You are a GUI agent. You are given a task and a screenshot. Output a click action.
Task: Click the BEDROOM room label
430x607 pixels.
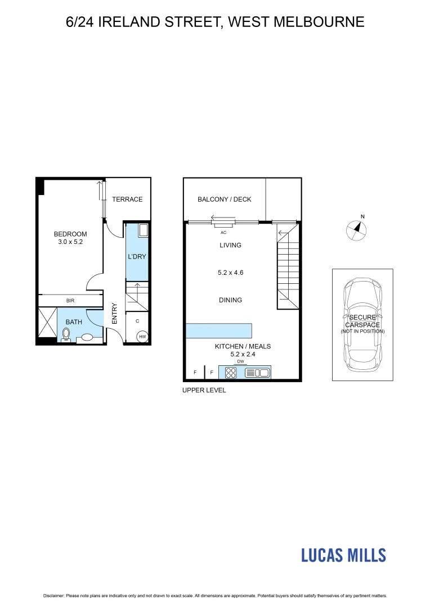click(x=70, y=234)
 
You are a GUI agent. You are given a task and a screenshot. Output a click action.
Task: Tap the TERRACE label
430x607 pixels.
click(x=127, y=199)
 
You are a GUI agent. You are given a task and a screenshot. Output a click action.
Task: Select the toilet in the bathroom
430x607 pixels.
click(x=66, y=335)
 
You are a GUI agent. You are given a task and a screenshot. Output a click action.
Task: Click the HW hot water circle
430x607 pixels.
click(x=142, y=337)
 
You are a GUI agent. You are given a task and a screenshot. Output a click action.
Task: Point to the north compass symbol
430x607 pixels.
click(x=356, y=229)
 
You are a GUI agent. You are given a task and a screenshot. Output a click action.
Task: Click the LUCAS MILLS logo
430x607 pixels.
click(x=343, y=555)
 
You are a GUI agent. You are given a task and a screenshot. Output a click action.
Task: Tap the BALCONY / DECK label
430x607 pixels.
click(x=224, y=200)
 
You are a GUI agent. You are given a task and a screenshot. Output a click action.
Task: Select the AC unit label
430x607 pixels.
click(x=223, y=232)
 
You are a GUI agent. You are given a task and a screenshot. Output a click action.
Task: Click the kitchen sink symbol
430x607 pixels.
click(x=258, y=372)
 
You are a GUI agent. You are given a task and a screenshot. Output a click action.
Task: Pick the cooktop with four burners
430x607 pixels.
click(x=231, y=372)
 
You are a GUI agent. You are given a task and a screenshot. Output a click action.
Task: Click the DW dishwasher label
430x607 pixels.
click(x=240, y=361)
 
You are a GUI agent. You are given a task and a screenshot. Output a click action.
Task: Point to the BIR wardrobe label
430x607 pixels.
click(x=70, y=301)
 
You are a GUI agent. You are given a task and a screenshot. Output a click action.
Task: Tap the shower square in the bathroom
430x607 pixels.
click(x=47, y=325)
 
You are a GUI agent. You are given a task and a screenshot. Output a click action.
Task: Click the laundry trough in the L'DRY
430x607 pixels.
click(x=142, y=230)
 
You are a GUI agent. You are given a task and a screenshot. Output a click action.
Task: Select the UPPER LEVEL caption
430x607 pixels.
click(x=204, y=390)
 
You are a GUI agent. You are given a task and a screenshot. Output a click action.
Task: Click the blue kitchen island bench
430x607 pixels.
click(x=218, y=330)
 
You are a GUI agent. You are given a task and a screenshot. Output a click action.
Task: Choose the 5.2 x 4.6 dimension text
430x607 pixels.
click(x=230, y=273)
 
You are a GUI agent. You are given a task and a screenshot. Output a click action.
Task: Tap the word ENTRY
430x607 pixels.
click(x=115, y=313)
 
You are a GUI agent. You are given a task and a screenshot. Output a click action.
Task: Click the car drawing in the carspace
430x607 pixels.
click(x=362, y=323)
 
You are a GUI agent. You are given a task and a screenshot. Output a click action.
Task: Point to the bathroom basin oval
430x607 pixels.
click(x=87, y=338)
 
